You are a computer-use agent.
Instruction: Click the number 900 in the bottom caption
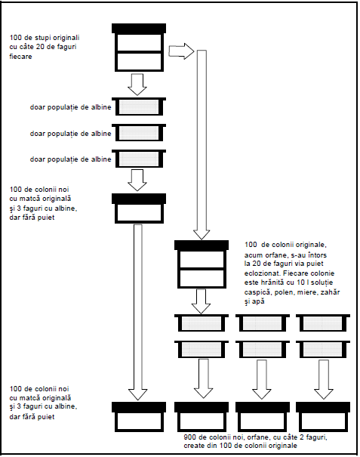[x=189, y=437]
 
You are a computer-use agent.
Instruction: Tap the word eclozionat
[x=259, y=273]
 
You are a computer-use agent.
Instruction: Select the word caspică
[x=254, y=292]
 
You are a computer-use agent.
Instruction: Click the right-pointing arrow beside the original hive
[x=181, y=51]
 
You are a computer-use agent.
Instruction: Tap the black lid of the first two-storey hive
[x=139, y=29]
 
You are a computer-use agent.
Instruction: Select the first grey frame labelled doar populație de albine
[x=139, y=107]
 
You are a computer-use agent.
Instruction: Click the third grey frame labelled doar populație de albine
[x=139, y=159]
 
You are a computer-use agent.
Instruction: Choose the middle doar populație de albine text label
[x=70, y=134]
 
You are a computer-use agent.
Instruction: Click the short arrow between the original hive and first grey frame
[x=137, y=85]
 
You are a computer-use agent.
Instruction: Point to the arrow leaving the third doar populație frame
[x=137, y=180]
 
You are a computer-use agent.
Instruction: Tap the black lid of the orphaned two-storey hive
[x=202, y=245]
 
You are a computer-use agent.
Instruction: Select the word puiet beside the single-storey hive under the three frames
[x=47, y=218]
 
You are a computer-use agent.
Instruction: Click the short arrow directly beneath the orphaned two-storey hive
[x=201, y=301]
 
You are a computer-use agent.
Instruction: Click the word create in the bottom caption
[x=192, y=446]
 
